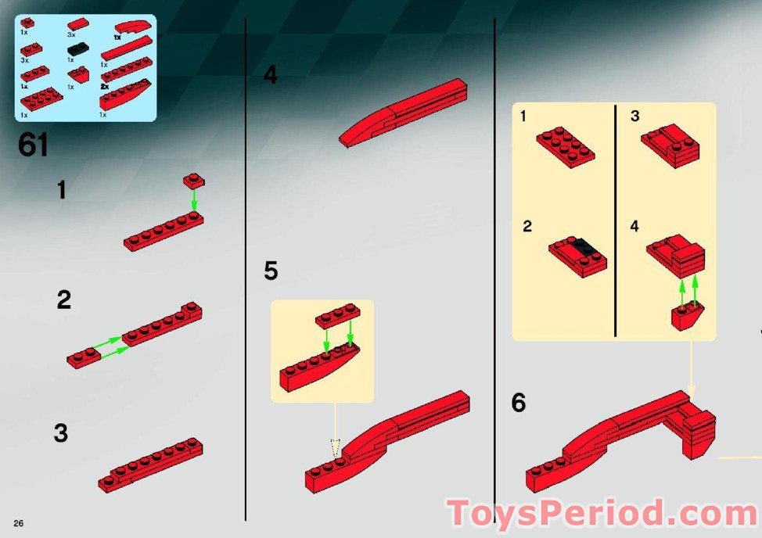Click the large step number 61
34,145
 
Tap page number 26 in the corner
19,523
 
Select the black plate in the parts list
77,48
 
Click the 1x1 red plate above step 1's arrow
194,181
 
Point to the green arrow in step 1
194,200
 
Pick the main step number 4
271,75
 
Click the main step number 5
271,271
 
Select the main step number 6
519,403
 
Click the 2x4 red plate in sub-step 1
566,147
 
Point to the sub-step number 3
634,116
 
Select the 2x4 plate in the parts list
41,99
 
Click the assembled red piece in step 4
403,113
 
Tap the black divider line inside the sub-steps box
615,221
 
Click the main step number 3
61,433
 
